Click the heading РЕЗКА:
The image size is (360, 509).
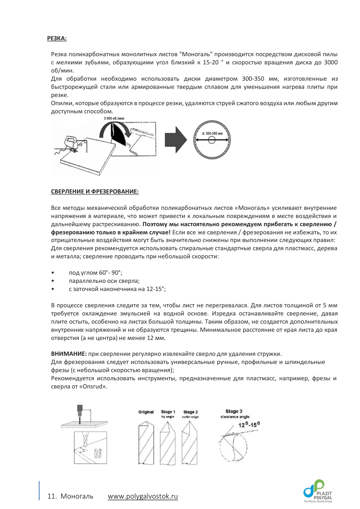coord(57,39)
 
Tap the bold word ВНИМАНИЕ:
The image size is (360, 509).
coord(69,353)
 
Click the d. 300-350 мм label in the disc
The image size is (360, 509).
coord(212,134)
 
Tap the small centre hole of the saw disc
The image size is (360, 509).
coord(212,141)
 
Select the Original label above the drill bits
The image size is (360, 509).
coord(146,412)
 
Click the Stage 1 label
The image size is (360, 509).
coord(168,412)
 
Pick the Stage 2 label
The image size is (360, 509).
coord(190,412)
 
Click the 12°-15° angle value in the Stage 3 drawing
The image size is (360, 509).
coord(249,425)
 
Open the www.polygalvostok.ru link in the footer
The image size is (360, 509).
coord(143,496)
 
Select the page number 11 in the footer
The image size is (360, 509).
coord(51,496)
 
